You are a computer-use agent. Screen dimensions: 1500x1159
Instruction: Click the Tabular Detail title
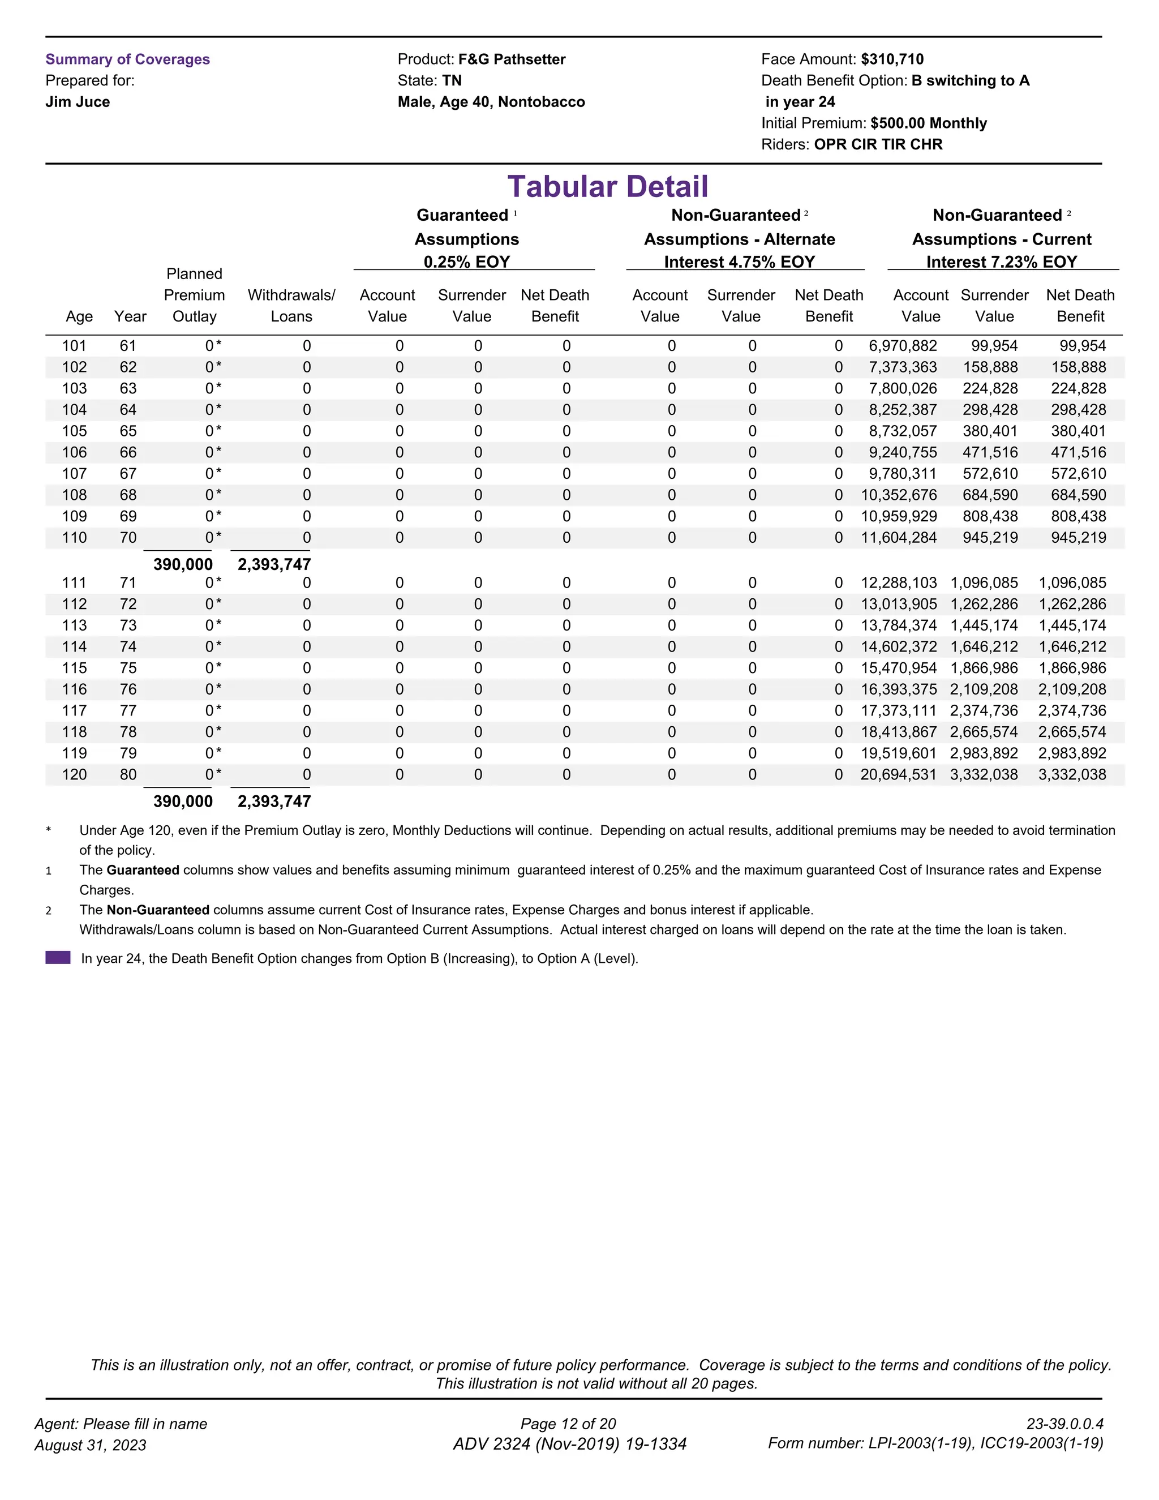click(x=607, y=187)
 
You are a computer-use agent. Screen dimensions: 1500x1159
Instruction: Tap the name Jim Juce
click(x=78, y=102)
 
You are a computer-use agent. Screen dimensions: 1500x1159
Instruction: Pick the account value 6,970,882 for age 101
click(x=902, y=346)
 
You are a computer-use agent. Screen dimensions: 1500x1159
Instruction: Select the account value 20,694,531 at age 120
click(x=898, y=775)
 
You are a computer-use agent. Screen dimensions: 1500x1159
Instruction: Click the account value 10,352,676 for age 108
click(x=898, y=495)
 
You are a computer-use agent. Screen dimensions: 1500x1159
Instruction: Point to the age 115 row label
click(x=74, y=668)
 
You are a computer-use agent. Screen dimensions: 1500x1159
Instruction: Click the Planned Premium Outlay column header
click(x=194, y=295)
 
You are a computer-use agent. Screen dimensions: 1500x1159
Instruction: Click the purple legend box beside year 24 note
click(x=58, y=957)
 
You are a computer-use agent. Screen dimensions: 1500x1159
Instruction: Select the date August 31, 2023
click(x=90, y=1445)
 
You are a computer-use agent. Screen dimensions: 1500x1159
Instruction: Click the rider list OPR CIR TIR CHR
click(x=878, y=144)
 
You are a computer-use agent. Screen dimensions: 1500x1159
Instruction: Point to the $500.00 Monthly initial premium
click(x=928, y=123)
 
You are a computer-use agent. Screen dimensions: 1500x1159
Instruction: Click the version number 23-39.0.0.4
click(x=1064, y=1424)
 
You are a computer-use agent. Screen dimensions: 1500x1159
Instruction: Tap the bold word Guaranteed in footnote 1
click(x=143, y=870)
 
